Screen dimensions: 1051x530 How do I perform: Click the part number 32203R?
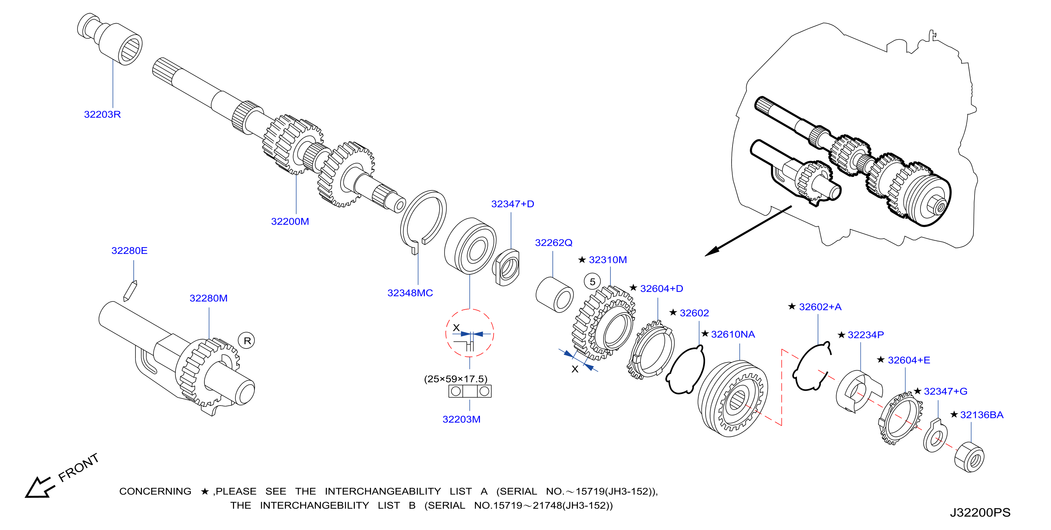[103, 115]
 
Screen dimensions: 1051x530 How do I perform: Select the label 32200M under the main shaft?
[290, 221]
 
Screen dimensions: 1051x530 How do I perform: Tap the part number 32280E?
[129, 251]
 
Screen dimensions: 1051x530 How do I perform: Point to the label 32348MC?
[410, 293]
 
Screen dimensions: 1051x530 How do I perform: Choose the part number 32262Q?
[554, 243]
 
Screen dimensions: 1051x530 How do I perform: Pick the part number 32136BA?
[982, 415]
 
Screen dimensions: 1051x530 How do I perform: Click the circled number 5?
[593, 282]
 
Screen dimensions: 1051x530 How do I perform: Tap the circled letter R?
[247, 341]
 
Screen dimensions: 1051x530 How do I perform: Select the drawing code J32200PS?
[980, 512]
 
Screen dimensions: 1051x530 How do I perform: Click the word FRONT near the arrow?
[78, 467]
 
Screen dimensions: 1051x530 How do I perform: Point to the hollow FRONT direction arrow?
[40, 487]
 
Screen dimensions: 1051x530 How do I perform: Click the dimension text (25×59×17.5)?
[456, 379]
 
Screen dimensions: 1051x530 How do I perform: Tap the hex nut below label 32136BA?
[969, 457]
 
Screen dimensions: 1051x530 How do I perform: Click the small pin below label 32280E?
[130, 291]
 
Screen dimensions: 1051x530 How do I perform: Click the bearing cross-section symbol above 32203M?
[470, 391]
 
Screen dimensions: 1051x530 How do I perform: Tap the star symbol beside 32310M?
[582, 260]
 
